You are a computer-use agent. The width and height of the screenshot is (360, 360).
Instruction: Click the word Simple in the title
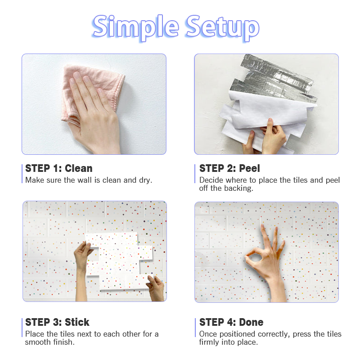click(x=135, y=27)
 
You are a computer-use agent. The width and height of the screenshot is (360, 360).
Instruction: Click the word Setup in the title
click(x=223, y=27)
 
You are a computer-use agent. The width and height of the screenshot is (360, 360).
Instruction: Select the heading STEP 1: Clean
click(x=59, y=168)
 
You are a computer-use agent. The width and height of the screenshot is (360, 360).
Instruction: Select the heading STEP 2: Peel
click(x=229, y=168)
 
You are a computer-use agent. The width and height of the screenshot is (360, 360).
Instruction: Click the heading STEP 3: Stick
click(x=57, y=322)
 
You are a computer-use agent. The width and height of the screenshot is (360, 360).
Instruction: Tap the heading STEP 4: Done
click(x=231, y=322)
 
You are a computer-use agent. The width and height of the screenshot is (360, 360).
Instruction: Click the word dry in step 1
click(x=145, y=180)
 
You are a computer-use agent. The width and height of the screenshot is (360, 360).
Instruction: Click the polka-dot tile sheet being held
click(x=119, y=261)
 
